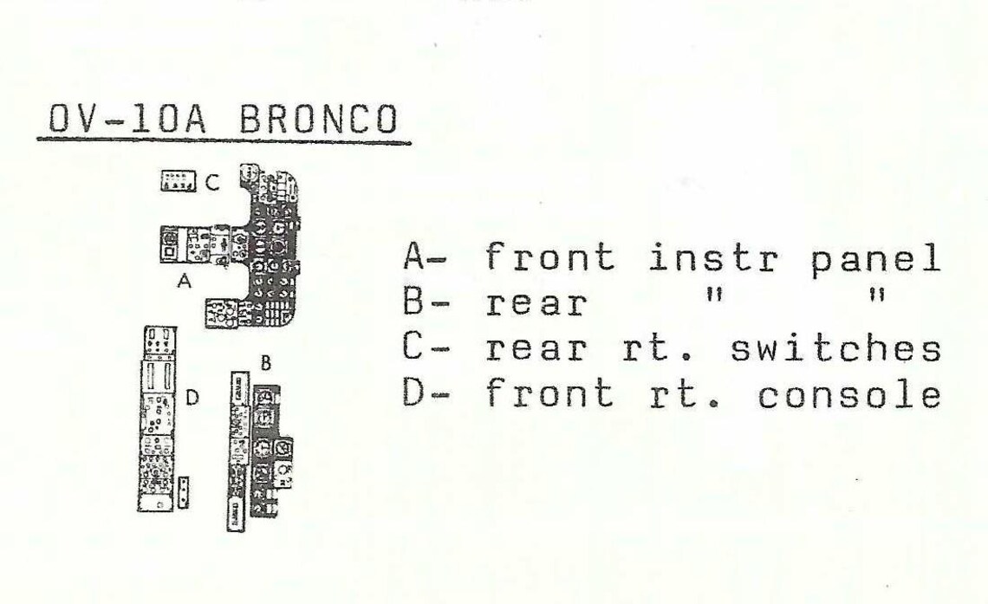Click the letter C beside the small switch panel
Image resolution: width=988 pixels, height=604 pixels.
(x=212, y=183)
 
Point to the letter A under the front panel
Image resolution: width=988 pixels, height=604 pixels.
(x=184, y=281)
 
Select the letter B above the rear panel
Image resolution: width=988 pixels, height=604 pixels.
(x=266, y=363)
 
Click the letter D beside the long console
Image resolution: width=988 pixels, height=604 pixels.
(x=192, y=398)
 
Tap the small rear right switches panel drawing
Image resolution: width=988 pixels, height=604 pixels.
(x=179, y=181)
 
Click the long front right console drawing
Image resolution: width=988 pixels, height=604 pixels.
(x=157, y=419)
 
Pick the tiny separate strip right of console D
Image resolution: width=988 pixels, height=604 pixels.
(x=184, y=492)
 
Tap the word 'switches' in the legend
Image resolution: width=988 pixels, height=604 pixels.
(x=836, y=348)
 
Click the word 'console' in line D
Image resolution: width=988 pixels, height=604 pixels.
(x=850, y=395)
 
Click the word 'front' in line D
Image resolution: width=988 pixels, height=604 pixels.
(x=550, y=393)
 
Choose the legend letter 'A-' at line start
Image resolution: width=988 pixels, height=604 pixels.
(x=426, y=257)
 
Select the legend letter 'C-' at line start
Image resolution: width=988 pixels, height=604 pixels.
(x=426, y=348)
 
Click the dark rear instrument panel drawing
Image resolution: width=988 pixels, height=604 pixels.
(x=272, y=451)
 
